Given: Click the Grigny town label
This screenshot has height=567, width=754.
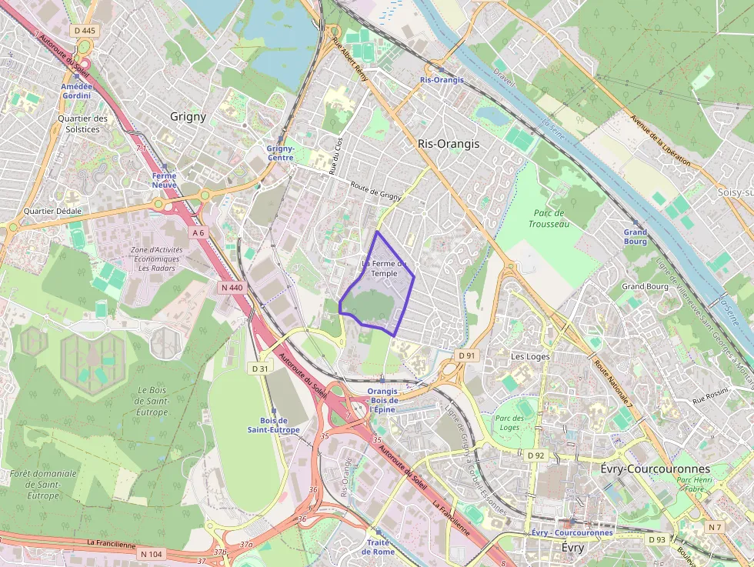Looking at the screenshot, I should click(188, 117).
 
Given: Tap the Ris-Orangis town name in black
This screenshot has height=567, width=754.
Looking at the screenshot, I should click(448, 144).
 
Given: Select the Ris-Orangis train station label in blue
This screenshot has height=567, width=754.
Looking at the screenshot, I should click(442, 80).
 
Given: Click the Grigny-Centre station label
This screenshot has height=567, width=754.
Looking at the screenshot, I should click(280, 153).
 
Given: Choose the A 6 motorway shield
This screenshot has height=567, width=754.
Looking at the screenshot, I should click(199, 232).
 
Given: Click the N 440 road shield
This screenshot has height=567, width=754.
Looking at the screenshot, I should click(231, 288).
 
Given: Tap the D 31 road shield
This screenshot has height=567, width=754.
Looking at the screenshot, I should click(260, 369).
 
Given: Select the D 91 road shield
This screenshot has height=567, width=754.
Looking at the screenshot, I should click(467, 355).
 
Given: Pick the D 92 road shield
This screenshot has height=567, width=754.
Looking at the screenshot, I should click(535, 455).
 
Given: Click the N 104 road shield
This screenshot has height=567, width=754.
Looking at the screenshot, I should click(151, 554).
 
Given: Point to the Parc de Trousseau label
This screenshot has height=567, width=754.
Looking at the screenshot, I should click(549, 218).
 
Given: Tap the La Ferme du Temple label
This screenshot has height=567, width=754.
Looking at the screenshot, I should click(383, 268).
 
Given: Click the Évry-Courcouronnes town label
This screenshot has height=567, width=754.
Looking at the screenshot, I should click(654, 468).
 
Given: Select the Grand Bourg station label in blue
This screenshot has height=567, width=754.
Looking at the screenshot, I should click(636, 236).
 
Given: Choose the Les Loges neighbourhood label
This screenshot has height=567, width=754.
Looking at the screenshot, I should click(530, 356).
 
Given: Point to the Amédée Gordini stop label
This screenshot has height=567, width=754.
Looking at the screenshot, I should click(76, 91).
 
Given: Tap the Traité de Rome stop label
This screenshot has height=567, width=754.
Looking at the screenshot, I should click(378, 547).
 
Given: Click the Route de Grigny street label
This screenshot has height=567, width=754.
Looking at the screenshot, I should click(375, 192).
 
